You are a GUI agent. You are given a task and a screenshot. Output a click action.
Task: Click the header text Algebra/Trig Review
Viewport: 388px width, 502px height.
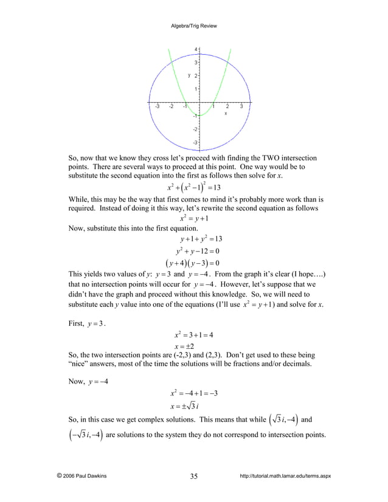coord(193,26)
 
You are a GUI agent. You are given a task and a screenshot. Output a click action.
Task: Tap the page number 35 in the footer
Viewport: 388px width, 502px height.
coord(193,476)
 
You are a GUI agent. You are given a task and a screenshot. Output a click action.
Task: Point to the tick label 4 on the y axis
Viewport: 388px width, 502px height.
coord(195,49)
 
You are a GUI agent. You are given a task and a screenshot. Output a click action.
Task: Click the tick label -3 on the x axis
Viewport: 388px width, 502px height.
coord(157,107)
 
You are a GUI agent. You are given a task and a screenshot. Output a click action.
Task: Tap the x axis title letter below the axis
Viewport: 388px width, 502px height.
coord(226,113)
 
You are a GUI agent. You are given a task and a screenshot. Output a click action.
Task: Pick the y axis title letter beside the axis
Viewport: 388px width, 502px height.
coord(189,75)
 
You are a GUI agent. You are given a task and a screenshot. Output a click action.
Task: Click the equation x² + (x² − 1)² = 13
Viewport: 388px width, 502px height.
coord(193,186)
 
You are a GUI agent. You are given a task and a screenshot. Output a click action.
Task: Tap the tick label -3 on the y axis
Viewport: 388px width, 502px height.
coord(195,142)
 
